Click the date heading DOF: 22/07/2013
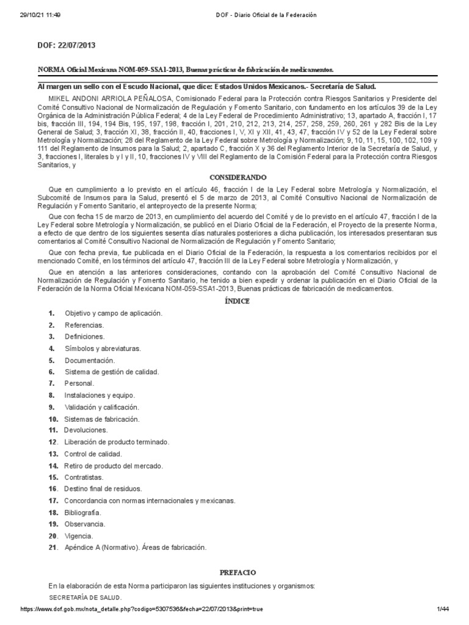click(67, 45)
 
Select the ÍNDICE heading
click(235, 302)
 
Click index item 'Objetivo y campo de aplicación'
click(114, 313)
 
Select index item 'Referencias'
click(84, 325)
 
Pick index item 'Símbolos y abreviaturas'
click(103, 348)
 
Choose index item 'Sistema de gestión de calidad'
click(112, 372)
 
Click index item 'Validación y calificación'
click(101, 406)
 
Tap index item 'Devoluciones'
click(86, 430)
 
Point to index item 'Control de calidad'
click(93, 453)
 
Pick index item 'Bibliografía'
click(83, 512)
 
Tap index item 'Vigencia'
click(79, 535)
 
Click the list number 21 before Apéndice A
click(53, 547)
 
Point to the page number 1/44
click(443, 609)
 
